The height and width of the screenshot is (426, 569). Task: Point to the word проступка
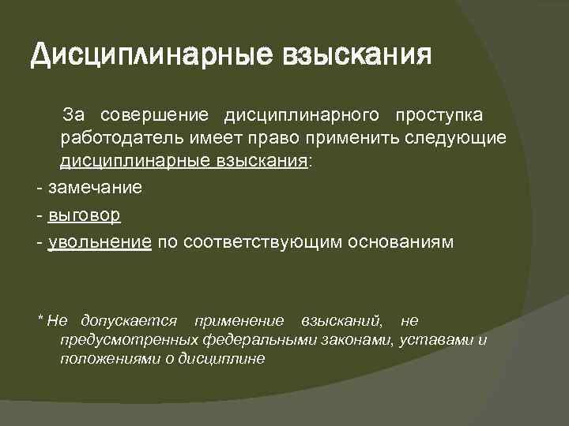click(x=440, y=116)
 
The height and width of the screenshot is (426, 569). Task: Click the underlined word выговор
click(x=84, y=215)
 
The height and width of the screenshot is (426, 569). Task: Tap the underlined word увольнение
click(x=100, y=241)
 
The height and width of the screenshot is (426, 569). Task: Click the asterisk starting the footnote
click(x=40, y=319)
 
